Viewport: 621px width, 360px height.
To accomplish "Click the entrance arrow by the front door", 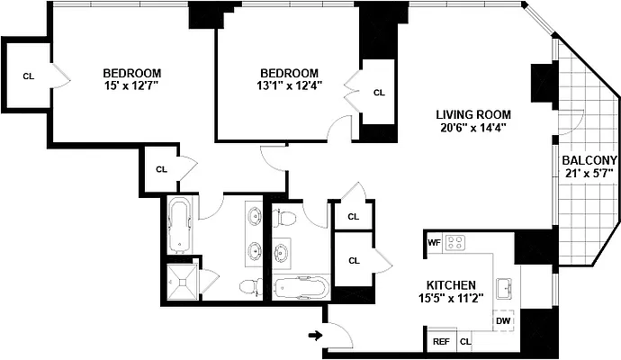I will pos(314,336).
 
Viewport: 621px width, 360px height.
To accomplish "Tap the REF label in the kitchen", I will pos(441,342).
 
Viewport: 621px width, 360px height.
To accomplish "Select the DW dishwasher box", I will pos(502,319).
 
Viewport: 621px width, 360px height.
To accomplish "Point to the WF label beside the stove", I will pos(433,242).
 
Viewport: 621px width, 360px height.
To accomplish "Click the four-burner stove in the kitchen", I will pos(456,242).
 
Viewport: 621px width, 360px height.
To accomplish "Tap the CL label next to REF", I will pos(465,342).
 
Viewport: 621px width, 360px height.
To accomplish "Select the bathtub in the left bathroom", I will pos(179,225).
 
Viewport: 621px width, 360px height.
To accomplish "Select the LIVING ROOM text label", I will pos(473,114).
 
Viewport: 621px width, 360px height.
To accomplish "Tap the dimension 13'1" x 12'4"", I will pos(290,86).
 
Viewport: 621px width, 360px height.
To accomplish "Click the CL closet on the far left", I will pos(29,76).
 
